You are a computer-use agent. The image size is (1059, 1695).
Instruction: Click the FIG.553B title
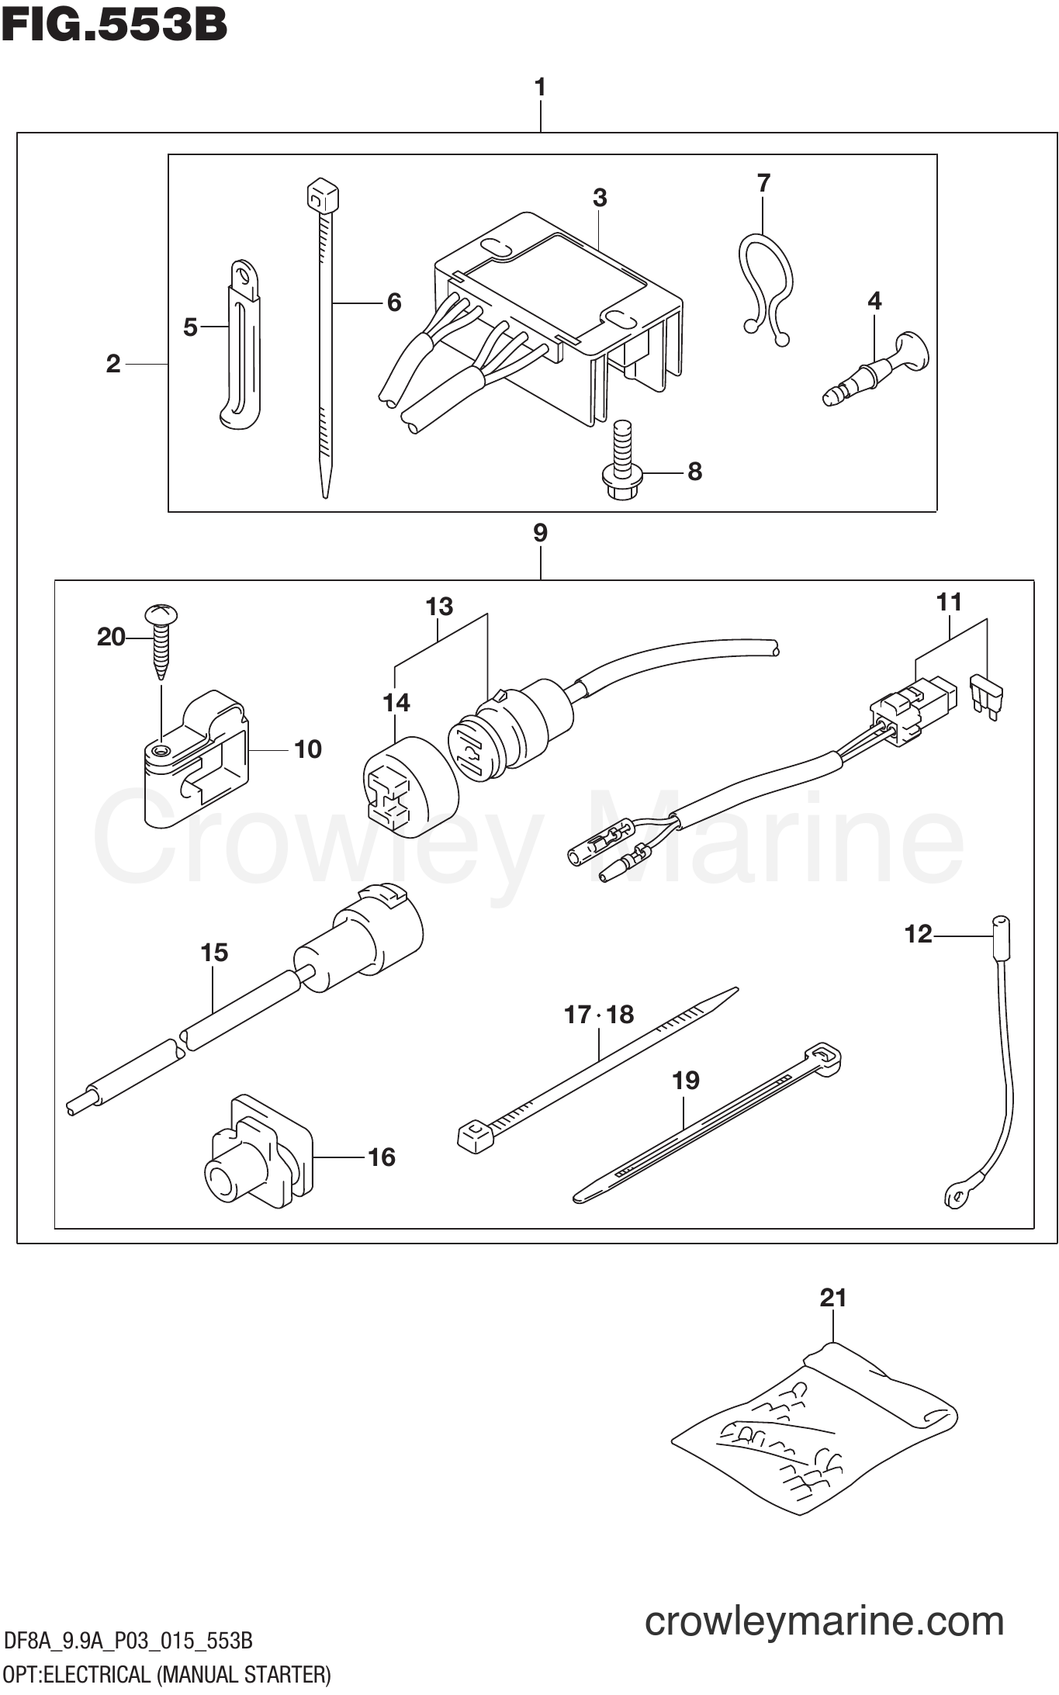tap(114, 25)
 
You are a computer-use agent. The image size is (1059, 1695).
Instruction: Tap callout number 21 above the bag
tap(832, 1298)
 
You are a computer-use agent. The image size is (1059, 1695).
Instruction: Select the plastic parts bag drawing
tap(815, 1427)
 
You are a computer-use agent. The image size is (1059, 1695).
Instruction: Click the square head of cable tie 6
tap(323, 197)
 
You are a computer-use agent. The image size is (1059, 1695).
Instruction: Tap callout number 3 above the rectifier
tap(600, 198)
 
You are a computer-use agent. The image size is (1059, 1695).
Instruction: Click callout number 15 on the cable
tap(214, 953)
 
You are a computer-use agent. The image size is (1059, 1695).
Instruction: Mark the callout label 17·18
tap(598, 1015)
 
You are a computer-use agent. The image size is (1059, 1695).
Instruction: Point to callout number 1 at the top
tap(540, 87)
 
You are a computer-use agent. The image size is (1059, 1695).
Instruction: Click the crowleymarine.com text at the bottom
tap(824, 1622)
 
